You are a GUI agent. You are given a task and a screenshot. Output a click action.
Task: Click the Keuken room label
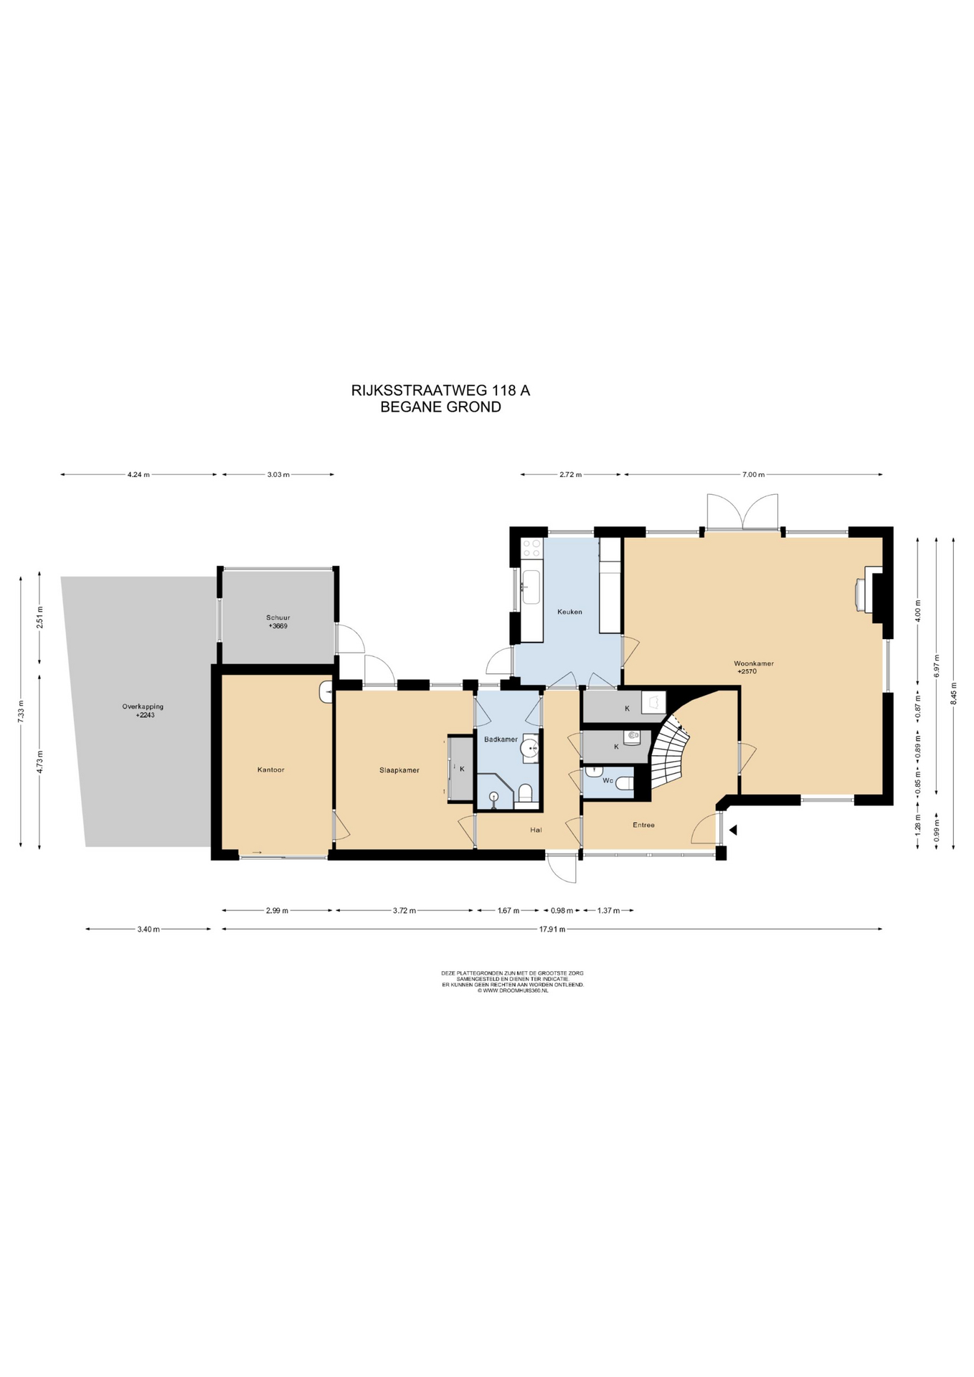click(569, 612)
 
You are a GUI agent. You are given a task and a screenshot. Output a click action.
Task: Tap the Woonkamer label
click(753, 663)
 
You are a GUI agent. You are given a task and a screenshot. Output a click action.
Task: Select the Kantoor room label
click(271, 770)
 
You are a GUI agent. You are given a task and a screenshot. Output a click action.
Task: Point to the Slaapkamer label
click(399, 770)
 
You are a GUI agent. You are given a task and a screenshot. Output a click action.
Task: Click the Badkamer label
click(501, 739)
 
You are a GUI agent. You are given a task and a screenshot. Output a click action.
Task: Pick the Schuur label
click(278, 617)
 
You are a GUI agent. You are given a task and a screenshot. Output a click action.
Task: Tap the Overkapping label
click(143, 706)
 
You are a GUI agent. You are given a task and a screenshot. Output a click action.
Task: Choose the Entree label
click(643, 825)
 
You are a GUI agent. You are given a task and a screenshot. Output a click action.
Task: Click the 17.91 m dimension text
click(552, 929)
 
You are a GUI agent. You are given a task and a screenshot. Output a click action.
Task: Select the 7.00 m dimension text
click(753, 475)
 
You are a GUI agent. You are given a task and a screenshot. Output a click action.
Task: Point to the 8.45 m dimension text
click(953, 694)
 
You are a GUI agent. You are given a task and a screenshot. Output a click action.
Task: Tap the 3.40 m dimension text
click(148, 929)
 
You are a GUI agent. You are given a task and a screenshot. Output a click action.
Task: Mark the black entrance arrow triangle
click(733, 830)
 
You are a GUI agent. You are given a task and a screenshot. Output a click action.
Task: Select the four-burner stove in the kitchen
click(532, 549)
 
